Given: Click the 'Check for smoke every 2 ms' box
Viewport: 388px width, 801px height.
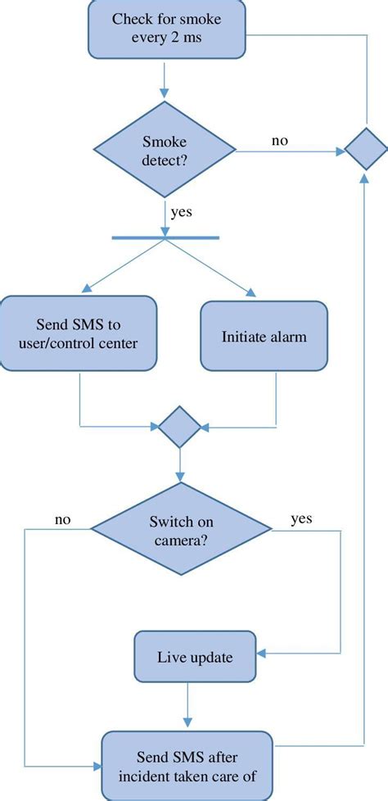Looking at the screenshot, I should tap(165, 29).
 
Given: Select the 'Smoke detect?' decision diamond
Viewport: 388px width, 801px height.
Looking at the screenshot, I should tap(165, 150).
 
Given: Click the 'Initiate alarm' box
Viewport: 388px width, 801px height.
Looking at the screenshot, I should tap(264, 336).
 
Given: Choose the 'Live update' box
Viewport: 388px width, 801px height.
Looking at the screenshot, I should tap(194, 658).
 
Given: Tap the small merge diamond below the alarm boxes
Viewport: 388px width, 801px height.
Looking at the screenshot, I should tap(179, 426).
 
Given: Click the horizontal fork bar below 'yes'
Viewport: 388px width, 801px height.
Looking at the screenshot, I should tap(165, 238).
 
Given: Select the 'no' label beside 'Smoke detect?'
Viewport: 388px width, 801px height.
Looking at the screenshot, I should tap(279, 140).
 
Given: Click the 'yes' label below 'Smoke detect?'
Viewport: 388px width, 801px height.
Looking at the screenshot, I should tap(181, 212).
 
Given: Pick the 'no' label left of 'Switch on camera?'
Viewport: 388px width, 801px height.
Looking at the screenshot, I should tap(63, 518).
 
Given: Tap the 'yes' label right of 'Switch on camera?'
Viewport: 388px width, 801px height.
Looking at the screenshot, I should tap(300, 518).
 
